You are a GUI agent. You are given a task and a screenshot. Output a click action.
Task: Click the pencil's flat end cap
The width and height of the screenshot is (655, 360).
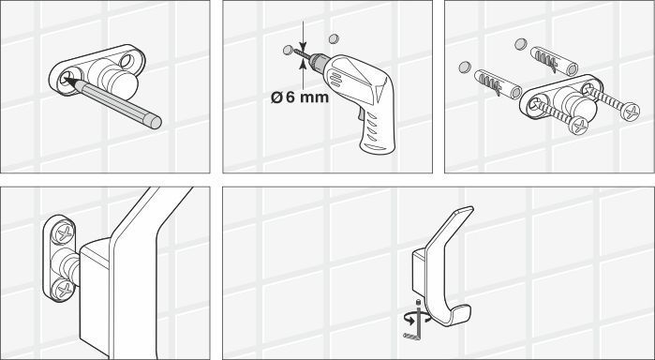[156, 122]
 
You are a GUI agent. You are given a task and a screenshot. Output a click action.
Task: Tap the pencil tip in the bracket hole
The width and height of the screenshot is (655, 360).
[67, 80]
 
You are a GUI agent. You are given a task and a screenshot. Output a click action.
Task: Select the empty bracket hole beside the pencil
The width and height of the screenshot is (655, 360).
[127, 61]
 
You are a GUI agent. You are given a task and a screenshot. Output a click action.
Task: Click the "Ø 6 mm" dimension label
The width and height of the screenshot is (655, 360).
[300, 97]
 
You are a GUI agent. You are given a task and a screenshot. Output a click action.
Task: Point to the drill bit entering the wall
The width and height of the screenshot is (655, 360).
[302, 53]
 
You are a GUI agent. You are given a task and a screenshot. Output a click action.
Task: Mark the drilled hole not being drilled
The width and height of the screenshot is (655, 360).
[334, 38]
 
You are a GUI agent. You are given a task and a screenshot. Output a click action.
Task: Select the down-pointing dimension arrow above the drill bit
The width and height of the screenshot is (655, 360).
[304, 35]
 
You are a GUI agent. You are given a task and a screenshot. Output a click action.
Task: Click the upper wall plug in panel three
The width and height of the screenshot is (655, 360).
[554, 61]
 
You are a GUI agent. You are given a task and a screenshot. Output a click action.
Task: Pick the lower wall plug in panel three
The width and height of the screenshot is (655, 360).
[498, 84]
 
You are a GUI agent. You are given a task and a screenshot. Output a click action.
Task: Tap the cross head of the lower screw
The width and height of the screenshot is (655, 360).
[579, 126]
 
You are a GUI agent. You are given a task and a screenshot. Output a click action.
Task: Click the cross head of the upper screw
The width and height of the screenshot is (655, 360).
[631, 112]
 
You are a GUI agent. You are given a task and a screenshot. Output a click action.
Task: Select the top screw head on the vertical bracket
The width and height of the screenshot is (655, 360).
[65, 232]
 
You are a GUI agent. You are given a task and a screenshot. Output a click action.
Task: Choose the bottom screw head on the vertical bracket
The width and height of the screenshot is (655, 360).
[64, 289]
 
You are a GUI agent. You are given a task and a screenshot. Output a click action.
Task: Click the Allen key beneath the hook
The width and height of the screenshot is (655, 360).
[412, 329]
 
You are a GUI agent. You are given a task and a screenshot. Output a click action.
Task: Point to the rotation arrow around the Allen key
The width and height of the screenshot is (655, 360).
[418, 318]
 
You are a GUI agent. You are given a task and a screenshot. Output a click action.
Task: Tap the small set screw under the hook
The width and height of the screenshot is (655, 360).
[417, 302]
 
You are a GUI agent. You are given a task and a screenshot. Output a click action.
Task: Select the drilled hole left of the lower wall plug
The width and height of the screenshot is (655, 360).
[465, 67]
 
